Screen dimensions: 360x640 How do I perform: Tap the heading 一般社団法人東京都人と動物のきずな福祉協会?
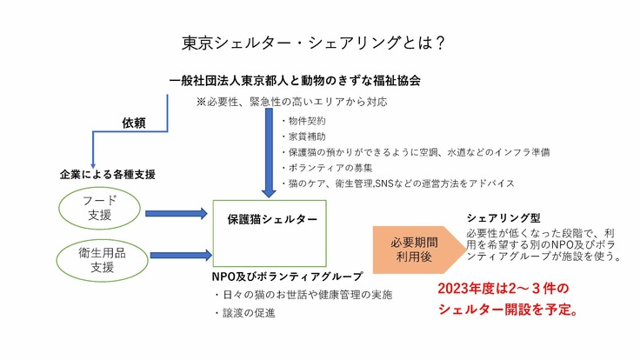click(x=296, y=80)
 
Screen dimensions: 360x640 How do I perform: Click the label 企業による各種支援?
click(x=108, y=175)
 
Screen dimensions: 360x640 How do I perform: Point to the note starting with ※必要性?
click(x=291, y=102)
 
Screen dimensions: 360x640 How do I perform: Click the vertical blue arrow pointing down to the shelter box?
click(x=269, y=153)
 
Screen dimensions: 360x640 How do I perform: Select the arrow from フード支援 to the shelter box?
click(x=177, y=212)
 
